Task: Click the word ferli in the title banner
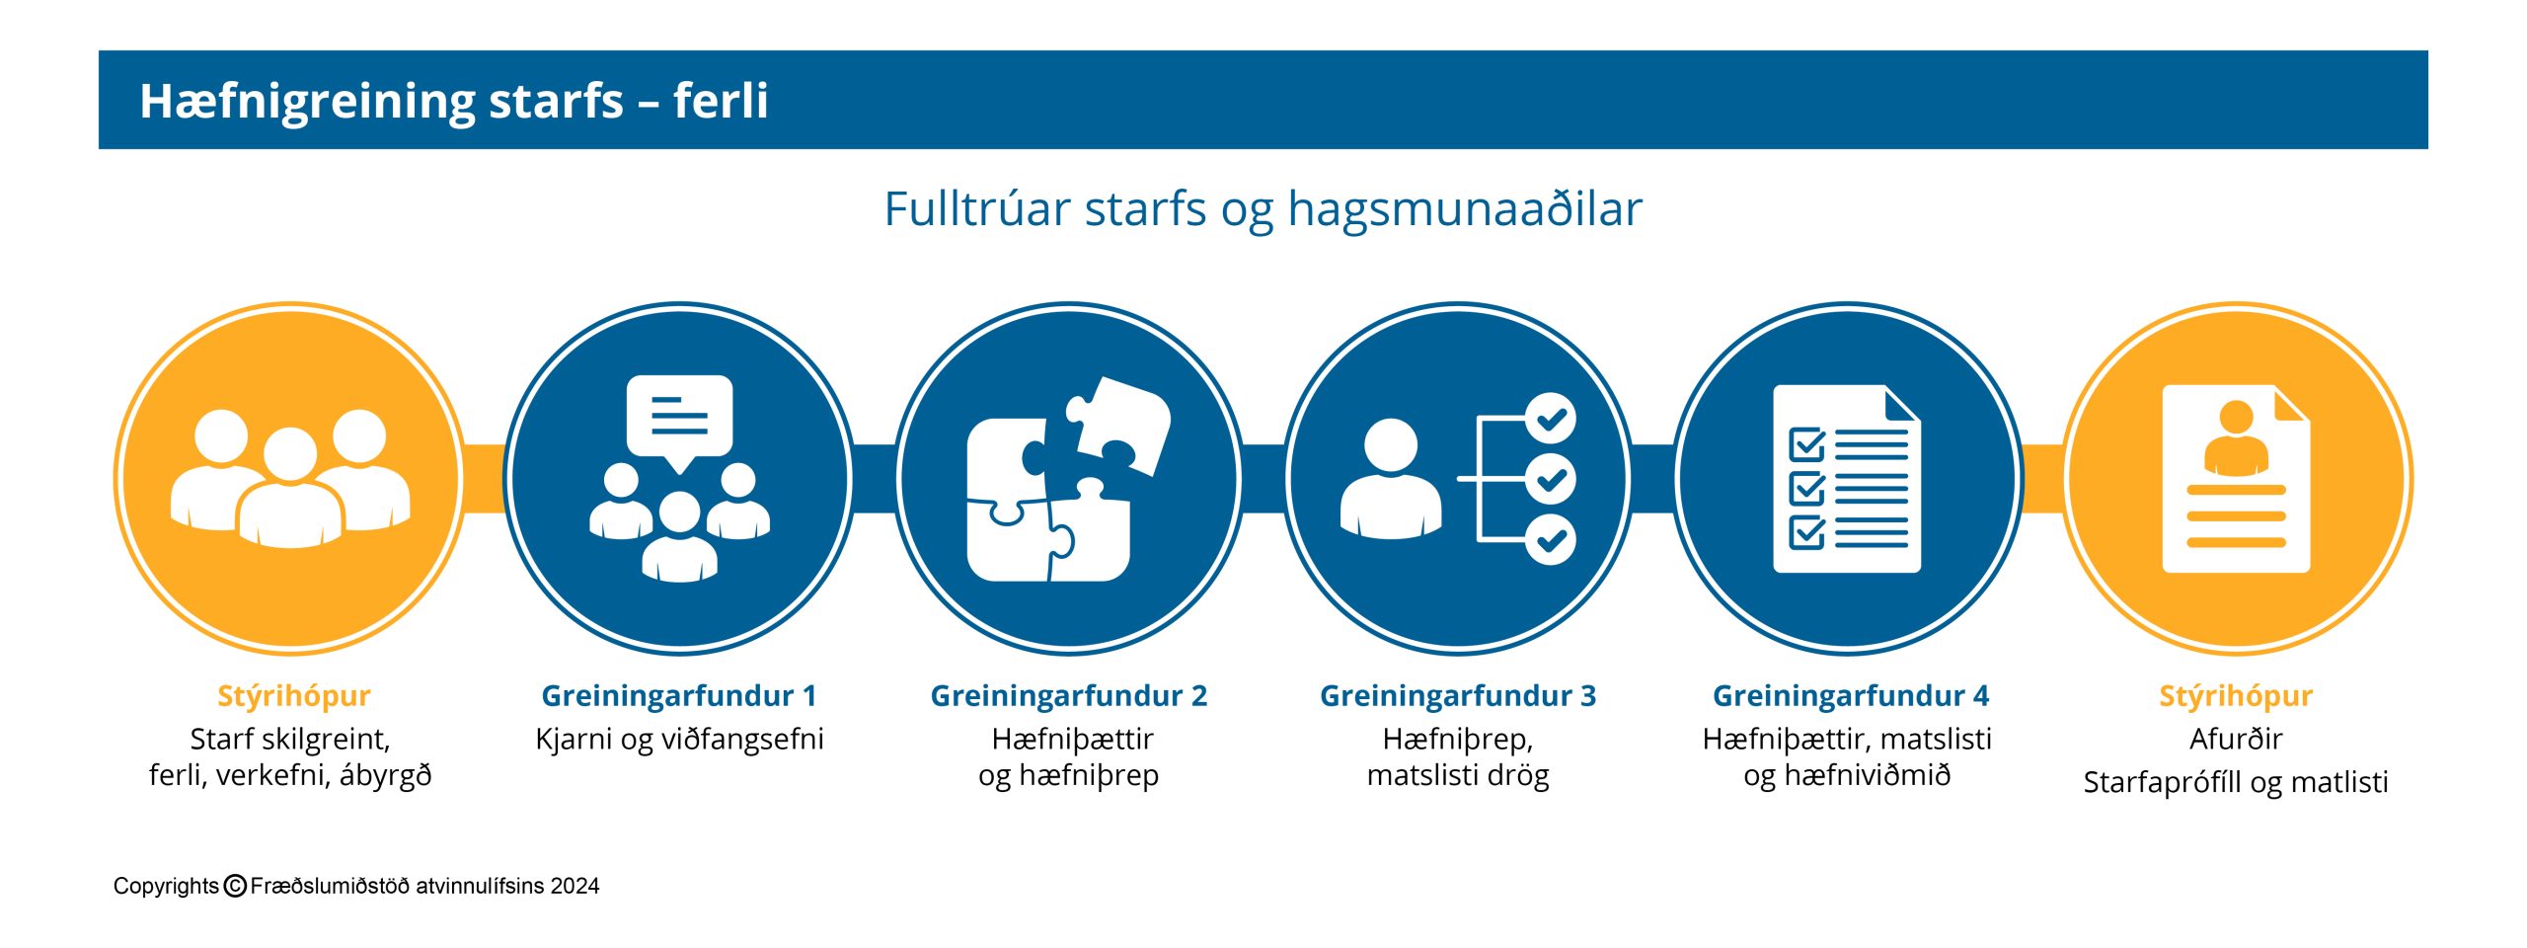point(721,100)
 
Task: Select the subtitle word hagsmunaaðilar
point(1465,209)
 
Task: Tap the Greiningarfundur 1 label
point(679,696)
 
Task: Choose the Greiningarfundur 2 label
point(1069,696)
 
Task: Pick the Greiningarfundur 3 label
point(1458,696)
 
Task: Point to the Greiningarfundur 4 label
point(1851,696)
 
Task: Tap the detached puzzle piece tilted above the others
point(1117,425)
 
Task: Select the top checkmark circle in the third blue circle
point(1551,419)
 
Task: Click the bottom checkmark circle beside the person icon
point(1551,539)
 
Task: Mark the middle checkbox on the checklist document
point(1806,488)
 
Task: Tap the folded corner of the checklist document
point(1902,404)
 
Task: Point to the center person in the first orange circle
point(290,488)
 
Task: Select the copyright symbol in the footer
point(235,886)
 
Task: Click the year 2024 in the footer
point(574,886)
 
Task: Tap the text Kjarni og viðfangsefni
point(679,740)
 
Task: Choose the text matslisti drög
point(1458,776)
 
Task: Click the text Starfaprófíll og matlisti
point(2236,782)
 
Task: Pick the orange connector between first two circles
point(484,479)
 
